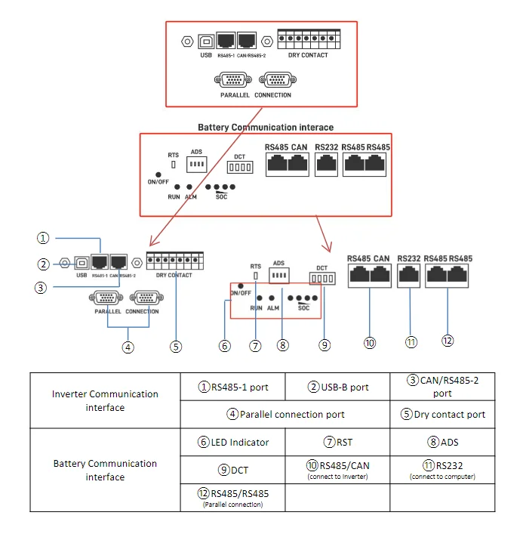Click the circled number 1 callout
point(44,238)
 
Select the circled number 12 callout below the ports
point(448,341)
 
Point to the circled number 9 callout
point(324,345)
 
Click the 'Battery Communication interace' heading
point(266,128)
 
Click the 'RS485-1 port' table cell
point(233,387)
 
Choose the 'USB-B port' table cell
point(338,387)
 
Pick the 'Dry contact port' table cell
point(442,414)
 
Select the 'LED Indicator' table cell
point(233,442)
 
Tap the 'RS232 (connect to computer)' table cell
point(442,469)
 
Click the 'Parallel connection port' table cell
point(286,414)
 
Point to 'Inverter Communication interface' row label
point(105,400)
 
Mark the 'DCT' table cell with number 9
point(233,470)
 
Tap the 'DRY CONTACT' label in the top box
point(308,55)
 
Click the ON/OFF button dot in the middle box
point(158,174)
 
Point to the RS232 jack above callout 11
point(408,277)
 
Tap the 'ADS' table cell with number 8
point(442,442)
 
